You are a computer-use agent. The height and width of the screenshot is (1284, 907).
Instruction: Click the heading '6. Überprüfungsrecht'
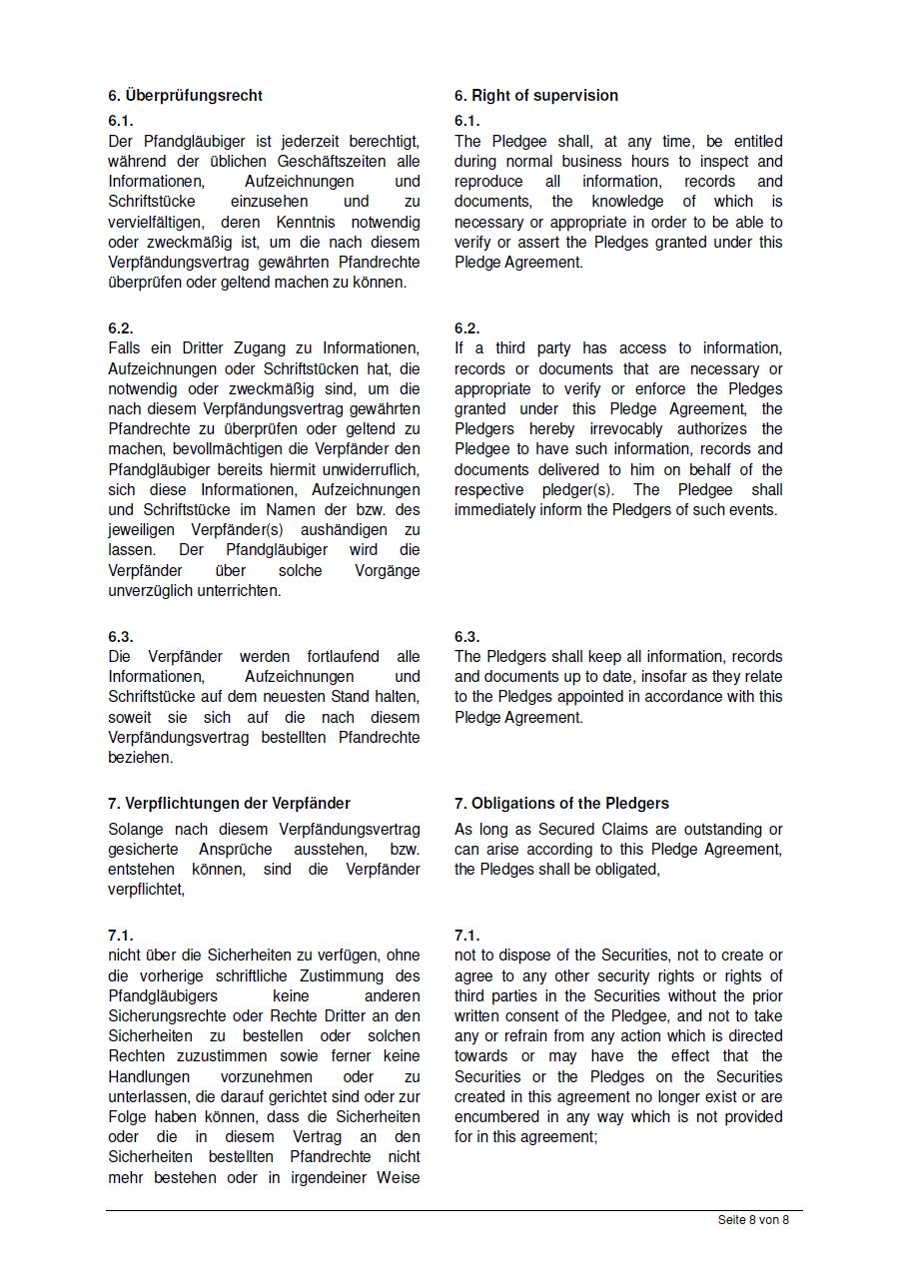186,96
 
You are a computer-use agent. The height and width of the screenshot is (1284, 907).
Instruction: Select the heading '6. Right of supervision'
535,96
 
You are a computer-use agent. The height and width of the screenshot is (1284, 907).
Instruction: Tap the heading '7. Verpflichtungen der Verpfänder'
229,804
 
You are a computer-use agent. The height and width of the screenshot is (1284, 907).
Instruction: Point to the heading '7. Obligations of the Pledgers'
561,804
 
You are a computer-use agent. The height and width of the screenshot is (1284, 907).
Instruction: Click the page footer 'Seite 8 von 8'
753,1220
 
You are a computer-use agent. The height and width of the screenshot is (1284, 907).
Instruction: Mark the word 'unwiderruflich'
370,470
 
